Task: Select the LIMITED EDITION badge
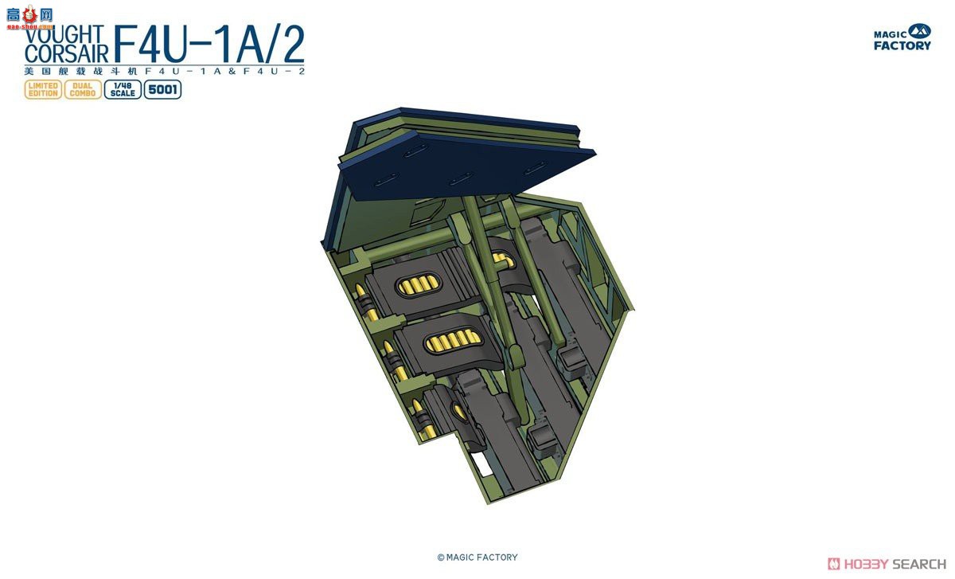pyautogui.click(x=43, y=89)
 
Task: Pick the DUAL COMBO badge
pyautogui.click(x=83, y=89)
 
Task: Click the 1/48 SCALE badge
pyautogui.click(x=123, y=89)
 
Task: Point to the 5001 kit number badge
pyautogui.click(x=162, y=89)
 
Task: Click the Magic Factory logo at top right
pyautogui.click(x=902, y=37)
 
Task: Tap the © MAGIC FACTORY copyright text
pyautogui.click(x=477, y=557)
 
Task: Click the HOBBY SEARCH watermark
pyautogui.click(x=887, y=564)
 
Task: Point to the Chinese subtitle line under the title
pyautogui.click(x=163, y=72)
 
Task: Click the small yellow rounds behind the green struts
pyautogui.click(x=502, y=258)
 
